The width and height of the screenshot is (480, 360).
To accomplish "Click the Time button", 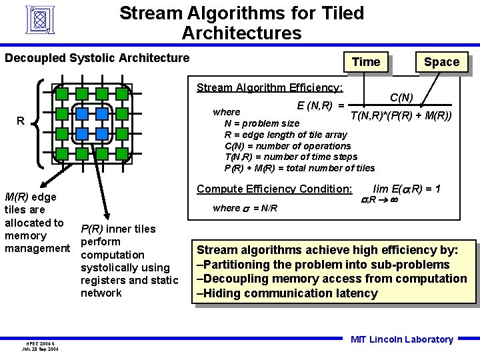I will (x=365, y=62).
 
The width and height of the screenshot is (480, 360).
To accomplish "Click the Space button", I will (x=441, y=62).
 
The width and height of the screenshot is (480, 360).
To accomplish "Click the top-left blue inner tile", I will (x=82, y=114).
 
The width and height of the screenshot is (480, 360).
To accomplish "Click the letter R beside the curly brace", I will (x=21, y=121).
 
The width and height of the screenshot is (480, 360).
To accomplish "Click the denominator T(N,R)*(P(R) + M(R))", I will (x=401, y=115).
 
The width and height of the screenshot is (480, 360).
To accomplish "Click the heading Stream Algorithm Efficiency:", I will (x=269, y=87).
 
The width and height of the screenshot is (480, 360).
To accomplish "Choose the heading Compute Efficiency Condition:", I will (x=274, y=189).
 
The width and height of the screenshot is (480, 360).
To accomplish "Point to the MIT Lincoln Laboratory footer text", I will (x=401, y=339).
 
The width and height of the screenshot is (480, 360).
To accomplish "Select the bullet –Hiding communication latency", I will (x=287, y=293).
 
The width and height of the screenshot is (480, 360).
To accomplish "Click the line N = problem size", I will (x=261, y=123).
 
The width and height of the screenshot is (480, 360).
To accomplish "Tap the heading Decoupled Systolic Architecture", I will (x=97, y=58).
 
